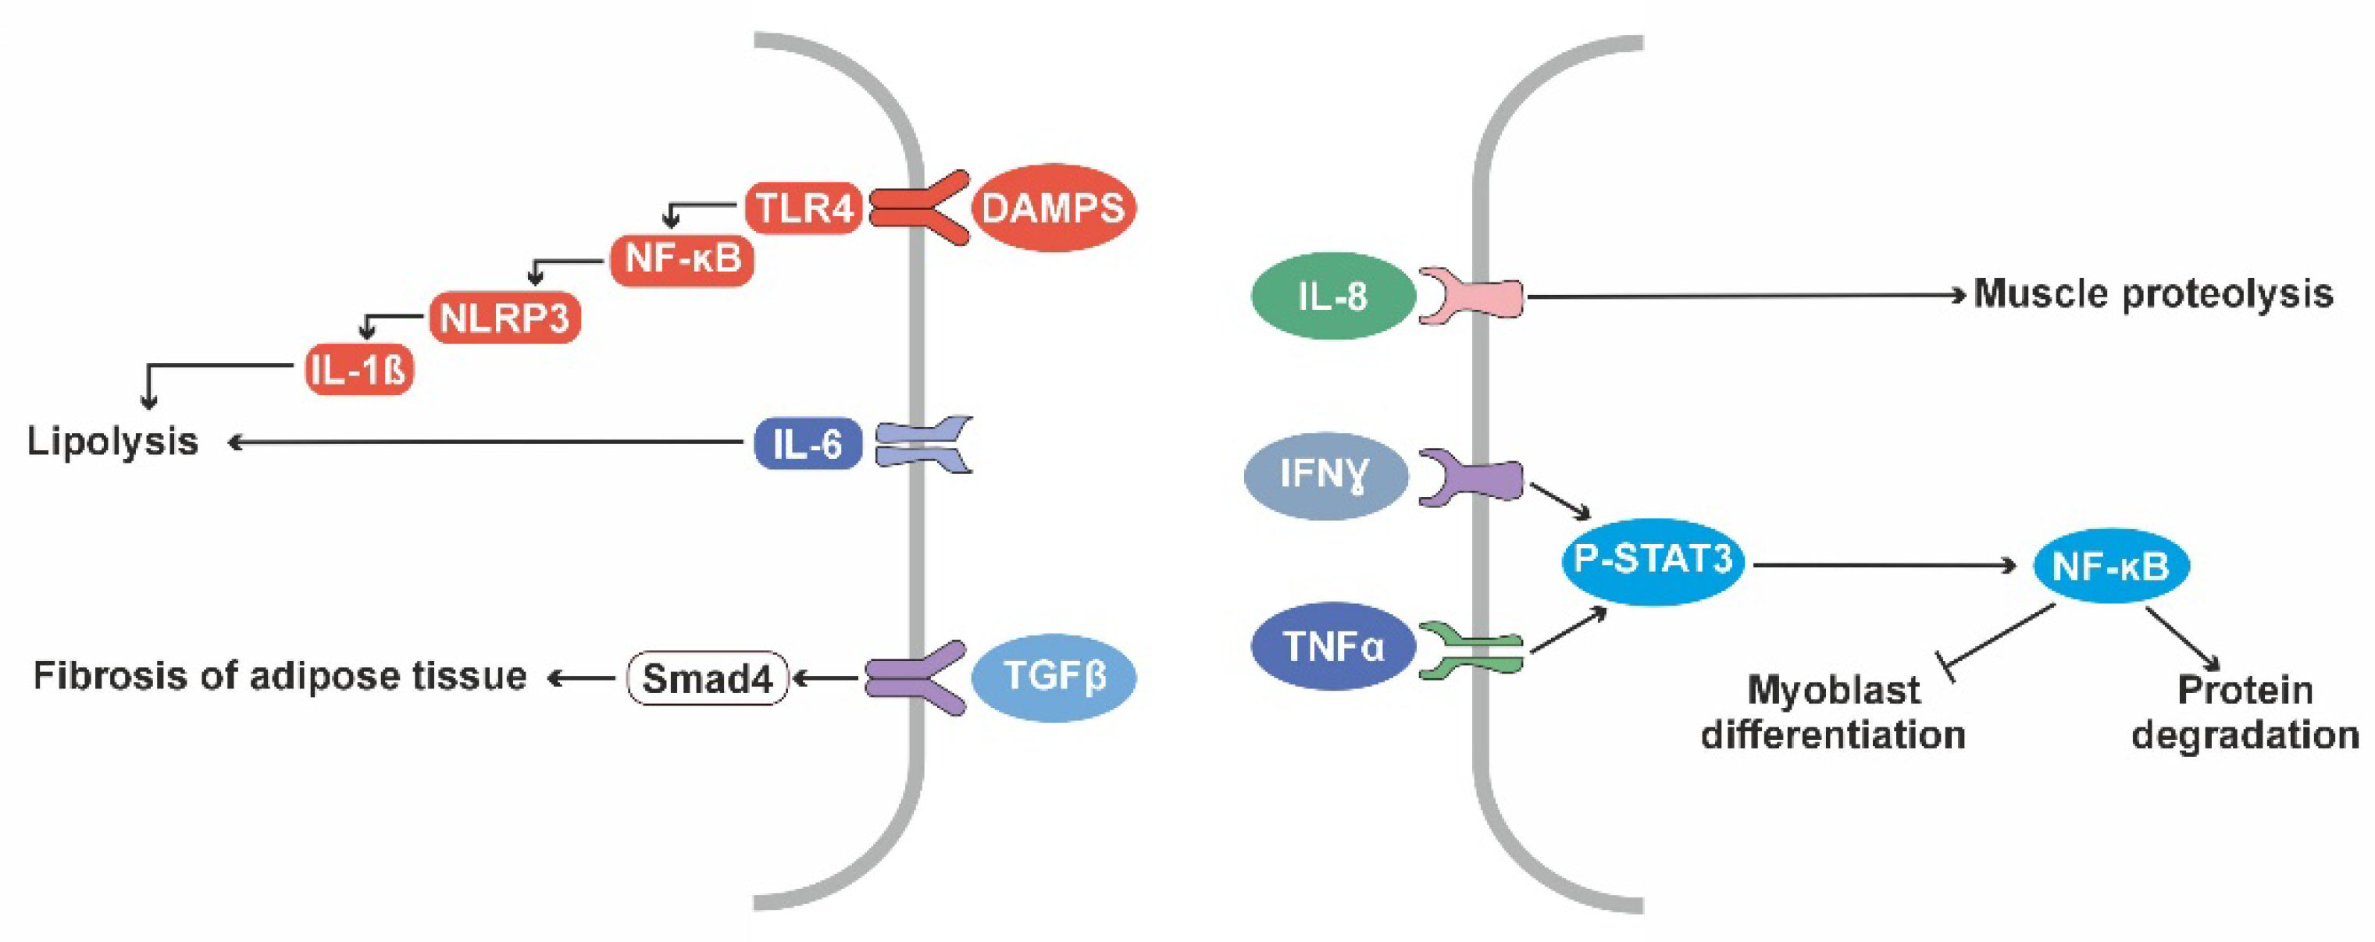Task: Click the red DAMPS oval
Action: click(1053, 208)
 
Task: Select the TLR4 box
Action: click(804, 208)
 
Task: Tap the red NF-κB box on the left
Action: click(683, 259)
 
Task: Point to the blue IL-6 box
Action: click(808, 444)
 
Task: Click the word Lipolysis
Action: click(112, 442)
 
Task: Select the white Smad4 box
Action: click(707, 679)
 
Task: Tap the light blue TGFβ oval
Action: click(1054, 677)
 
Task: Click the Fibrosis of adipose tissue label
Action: click(280, 677)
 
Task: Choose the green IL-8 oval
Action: click(1332, 297)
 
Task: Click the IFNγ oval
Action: click(1325, 475)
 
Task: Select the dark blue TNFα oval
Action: click(1333, 646)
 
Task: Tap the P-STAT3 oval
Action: click(1652, 560)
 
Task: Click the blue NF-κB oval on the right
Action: click(2110, 566)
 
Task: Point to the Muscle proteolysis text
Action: click(2152, 295)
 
